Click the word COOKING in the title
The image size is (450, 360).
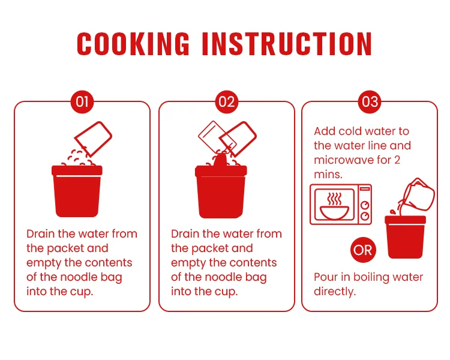(x=133, y=44)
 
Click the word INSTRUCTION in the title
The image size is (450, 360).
(x=287, y=44)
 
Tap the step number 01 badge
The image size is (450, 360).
(x=82, y=102)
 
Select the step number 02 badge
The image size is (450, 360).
(x=227, y=102)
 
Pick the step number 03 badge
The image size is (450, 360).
(x=370, y=102)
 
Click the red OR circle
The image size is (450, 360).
(x=363, y=250)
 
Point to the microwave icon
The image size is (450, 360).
(x=341, y=205)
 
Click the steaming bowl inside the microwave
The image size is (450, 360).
(x=334, y=206)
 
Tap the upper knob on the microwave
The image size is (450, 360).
(x=365, y=205)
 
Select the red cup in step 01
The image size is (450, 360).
(x=77, y=191)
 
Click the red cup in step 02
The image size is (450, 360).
(x=221, y=191)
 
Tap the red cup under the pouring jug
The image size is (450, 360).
(x=405, y=237)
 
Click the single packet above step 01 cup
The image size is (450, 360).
(x=93, y=139)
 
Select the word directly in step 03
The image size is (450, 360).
(x=335, y=292)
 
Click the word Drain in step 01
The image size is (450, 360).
(x=40, y=234)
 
